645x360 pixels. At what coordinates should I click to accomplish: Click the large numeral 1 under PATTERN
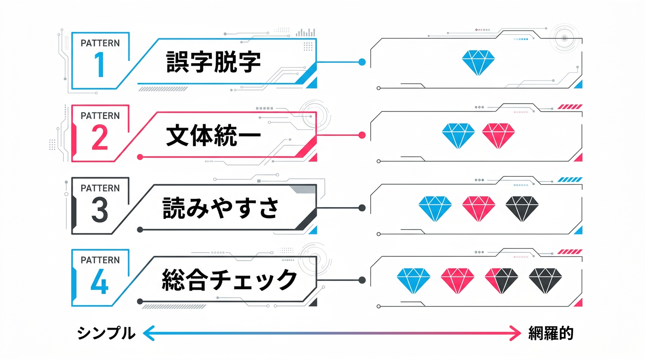click(99, 65)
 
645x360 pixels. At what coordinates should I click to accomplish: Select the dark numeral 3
click(100, 210)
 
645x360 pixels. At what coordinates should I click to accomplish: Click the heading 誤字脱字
click(213, 62)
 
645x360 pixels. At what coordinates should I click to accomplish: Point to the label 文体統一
click(213, 135)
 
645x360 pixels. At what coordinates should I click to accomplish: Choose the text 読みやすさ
click(220, 208)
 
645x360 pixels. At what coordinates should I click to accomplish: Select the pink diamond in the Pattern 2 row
click(498, 135)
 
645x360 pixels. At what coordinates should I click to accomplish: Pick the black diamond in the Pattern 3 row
click(522, 208)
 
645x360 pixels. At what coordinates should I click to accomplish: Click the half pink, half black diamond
click(502, 281)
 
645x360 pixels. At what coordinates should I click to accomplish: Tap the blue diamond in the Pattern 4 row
click(413, 281)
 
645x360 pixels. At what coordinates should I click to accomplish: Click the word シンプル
click(106, 333)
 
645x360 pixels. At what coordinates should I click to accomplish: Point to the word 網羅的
click(550, 333)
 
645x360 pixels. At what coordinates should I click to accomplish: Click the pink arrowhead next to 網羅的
click(516, 333)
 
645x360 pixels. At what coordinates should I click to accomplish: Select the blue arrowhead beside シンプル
click(148, 333)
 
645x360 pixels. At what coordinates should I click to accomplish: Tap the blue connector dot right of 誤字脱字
click(362, 62)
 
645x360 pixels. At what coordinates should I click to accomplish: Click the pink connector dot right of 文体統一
click(362, 135)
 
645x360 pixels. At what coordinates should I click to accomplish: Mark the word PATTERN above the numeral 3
click(100, 188)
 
